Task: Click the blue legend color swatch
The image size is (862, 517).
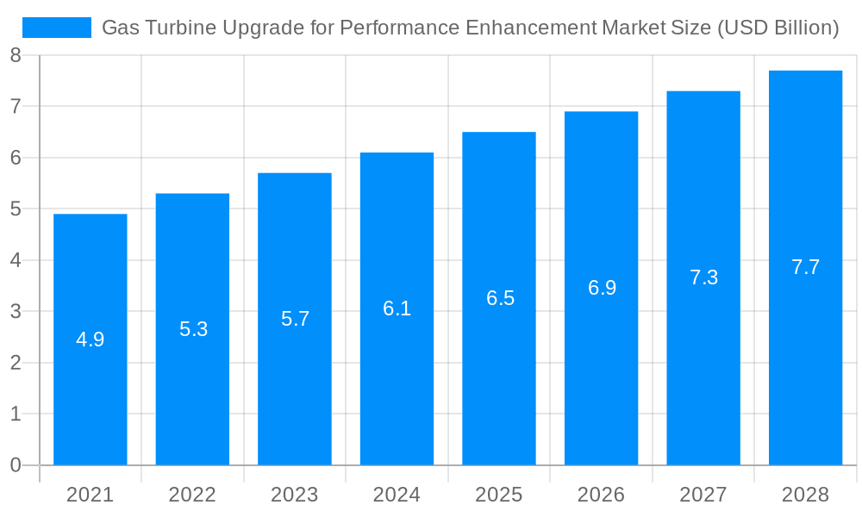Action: click(57, 28)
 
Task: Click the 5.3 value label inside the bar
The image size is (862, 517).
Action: click(193, 329)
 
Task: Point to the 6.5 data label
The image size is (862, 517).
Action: click(500, 298)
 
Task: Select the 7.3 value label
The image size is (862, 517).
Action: click(703, 277)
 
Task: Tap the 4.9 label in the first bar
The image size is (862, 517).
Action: click(91, 339)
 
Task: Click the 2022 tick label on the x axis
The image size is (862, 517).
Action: click(192, 495)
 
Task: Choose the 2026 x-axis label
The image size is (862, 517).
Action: click(601, 495)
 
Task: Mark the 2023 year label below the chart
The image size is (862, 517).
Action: click(295, 495)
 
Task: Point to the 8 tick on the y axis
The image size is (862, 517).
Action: click(16, 56)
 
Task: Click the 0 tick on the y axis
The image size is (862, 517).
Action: click(16, 465)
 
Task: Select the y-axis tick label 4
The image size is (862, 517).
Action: click(16, 260)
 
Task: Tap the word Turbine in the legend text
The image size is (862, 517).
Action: click(180, 28)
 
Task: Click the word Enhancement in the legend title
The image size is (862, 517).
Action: click(530, 28)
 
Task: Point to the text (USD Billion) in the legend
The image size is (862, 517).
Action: click(777, 28)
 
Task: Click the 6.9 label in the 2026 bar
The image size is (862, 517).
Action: click(602, 288)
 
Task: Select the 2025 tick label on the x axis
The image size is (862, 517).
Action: click(499, 495)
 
